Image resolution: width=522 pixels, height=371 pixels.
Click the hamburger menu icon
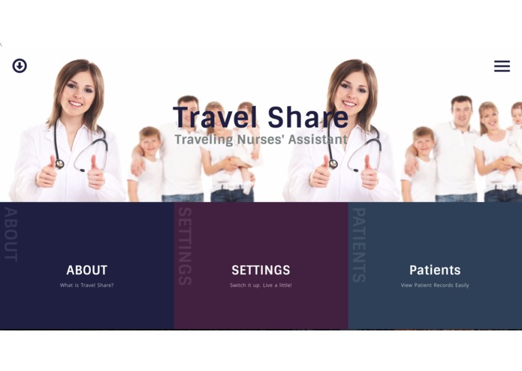[502, 66]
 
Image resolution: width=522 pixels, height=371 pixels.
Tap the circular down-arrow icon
[20, 66]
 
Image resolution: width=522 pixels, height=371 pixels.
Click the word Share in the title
[309, 117]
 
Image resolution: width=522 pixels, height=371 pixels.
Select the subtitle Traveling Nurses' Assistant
[261, 140]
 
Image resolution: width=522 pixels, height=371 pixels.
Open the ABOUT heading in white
[86, 270]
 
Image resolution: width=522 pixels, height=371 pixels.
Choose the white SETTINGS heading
[261, 270]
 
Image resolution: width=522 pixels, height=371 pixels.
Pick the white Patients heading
[435, 270]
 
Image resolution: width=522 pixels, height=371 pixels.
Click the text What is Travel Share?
[86, 285]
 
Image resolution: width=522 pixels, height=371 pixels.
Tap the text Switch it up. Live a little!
[261, 285]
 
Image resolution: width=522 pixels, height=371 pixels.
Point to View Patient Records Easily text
[435, 285]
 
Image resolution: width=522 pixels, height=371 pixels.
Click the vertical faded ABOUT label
[11, 234]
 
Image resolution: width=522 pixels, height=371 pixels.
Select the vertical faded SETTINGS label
[184, 246]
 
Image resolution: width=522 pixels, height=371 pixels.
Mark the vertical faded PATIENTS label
[358, 245]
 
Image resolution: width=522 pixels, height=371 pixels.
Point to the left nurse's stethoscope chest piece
[59, 163]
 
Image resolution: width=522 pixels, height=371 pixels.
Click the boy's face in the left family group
[150, 143]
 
